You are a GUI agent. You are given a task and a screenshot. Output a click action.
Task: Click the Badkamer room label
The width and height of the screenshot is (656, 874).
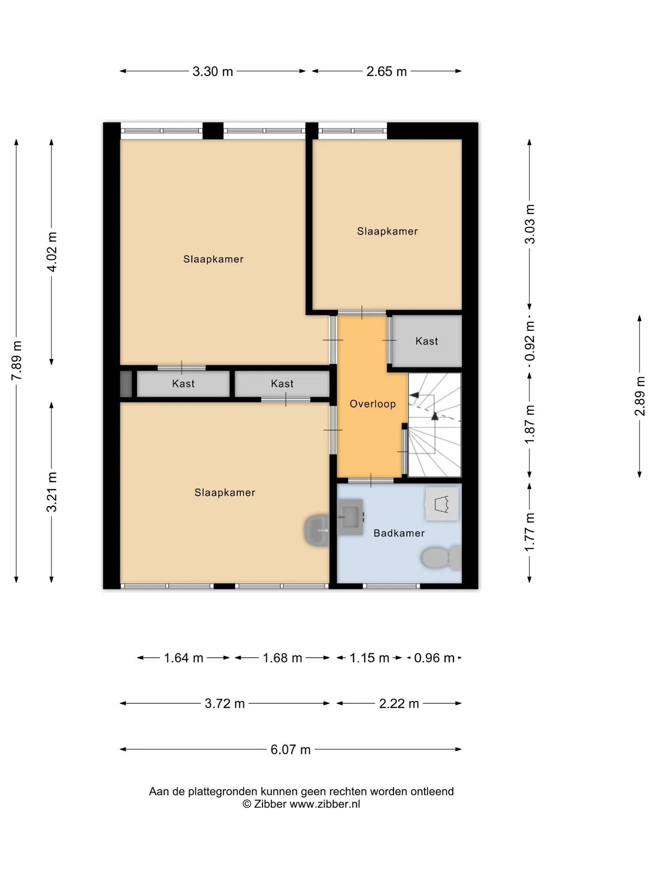click(x=399, y=533)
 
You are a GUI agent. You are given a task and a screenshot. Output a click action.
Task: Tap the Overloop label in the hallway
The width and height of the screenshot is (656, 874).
click(x=373, y=404)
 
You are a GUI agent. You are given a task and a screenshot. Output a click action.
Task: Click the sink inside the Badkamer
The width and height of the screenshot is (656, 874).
click(x=351, y=516)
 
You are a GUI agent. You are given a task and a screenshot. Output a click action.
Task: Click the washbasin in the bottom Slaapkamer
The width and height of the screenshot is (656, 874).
click(x=317, y=530)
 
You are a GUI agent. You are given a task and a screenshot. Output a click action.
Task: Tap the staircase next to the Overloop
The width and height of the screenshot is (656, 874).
click(x=435, y=425)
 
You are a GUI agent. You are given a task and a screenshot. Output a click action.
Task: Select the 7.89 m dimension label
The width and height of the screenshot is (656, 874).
click(x=16, y=360)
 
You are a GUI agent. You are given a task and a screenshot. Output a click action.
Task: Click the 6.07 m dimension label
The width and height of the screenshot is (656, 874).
click(x=291, y=750)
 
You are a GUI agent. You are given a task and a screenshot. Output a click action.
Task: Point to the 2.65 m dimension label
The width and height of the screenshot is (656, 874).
click(x=387, y=71)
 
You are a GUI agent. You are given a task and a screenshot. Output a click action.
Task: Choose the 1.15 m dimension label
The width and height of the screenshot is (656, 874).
click(x=369, y=658)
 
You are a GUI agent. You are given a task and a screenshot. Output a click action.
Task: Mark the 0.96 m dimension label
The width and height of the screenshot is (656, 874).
click(x=434, y=658)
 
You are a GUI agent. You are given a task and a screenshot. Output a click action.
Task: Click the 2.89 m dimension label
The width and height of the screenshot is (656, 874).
click(x=640, y=396)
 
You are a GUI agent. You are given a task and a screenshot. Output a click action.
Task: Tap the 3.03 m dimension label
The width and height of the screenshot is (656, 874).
click(x=530, y=224)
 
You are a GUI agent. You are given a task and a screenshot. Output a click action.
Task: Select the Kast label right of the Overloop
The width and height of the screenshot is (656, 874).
click(x=427, y=341)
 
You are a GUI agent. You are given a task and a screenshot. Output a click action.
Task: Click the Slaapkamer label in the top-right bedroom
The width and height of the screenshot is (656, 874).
click(x=388, y=231)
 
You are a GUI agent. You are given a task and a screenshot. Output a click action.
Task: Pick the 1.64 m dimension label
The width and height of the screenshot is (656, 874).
click(x=184, y=658)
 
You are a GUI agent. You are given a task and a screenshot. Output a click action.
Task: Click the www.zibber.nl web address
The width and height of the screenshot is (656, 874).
click(x=325, y=804)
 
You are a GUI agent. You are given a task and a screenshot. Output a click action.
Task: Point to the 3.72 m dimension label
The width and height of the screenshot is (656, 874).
click(x=225, y=704)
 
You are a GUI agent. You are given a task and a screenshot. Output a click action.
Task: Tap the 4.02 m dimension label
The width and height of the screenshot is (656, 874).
click(x=52, y=252)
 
